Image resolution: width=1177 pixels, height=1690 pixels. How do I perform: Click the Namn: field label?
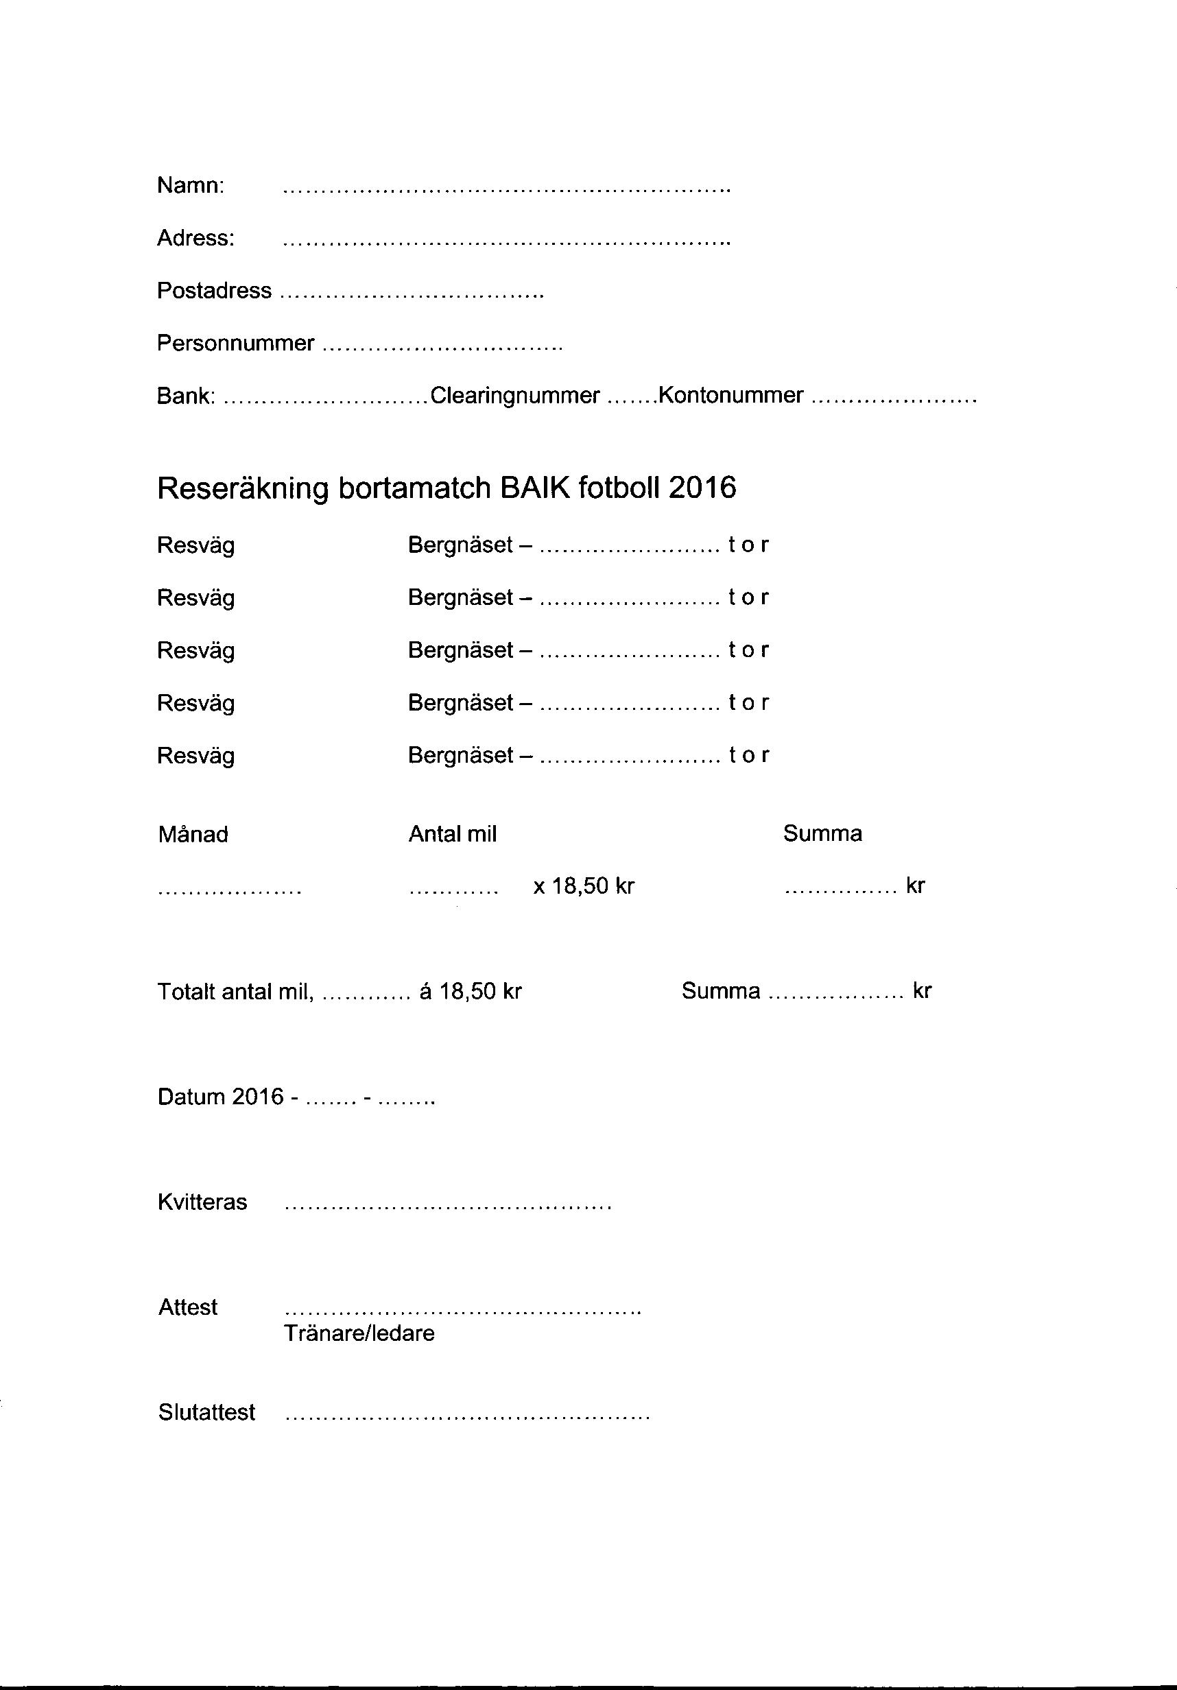click(x=191, y=185)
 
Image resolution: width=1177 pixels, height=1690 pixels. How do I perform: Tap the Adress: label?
click(x=195, y=239)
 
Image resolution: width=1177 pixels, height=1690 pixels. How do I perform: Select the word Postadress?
click(x=214, y=291)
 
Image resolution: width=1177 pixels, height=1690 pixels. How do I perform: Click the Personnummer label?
click(x=235, y=344)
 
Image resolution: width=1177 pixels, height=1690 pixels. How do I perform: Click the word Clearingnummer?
click(x=514, y=396)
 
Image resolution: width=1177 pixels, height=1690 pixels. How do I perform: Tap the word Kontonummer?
click(x=730, y=396)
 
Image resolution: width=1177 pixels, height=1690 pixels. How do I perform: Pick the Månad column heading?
click(x=193, y=835)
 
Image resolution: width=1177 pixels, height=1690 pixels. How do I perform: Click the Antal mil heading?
click(x=453, y=834)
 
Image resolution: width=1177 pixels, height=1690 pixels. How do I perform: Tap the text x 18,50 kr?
click(x=584, y=886)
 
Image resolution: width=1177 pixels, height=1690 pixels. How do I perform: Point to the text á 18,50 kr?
click(x=471, y=992)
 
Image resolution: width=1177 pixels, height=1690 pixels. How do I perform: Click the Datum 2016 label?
click(x=220, y=1097)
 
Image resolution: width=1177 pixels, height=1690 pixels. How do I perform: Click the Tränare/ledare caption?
click(x=359, y=1334)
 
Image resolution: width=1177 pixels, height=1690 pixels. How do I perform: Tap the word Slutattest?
click(x=207, y=1412)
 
